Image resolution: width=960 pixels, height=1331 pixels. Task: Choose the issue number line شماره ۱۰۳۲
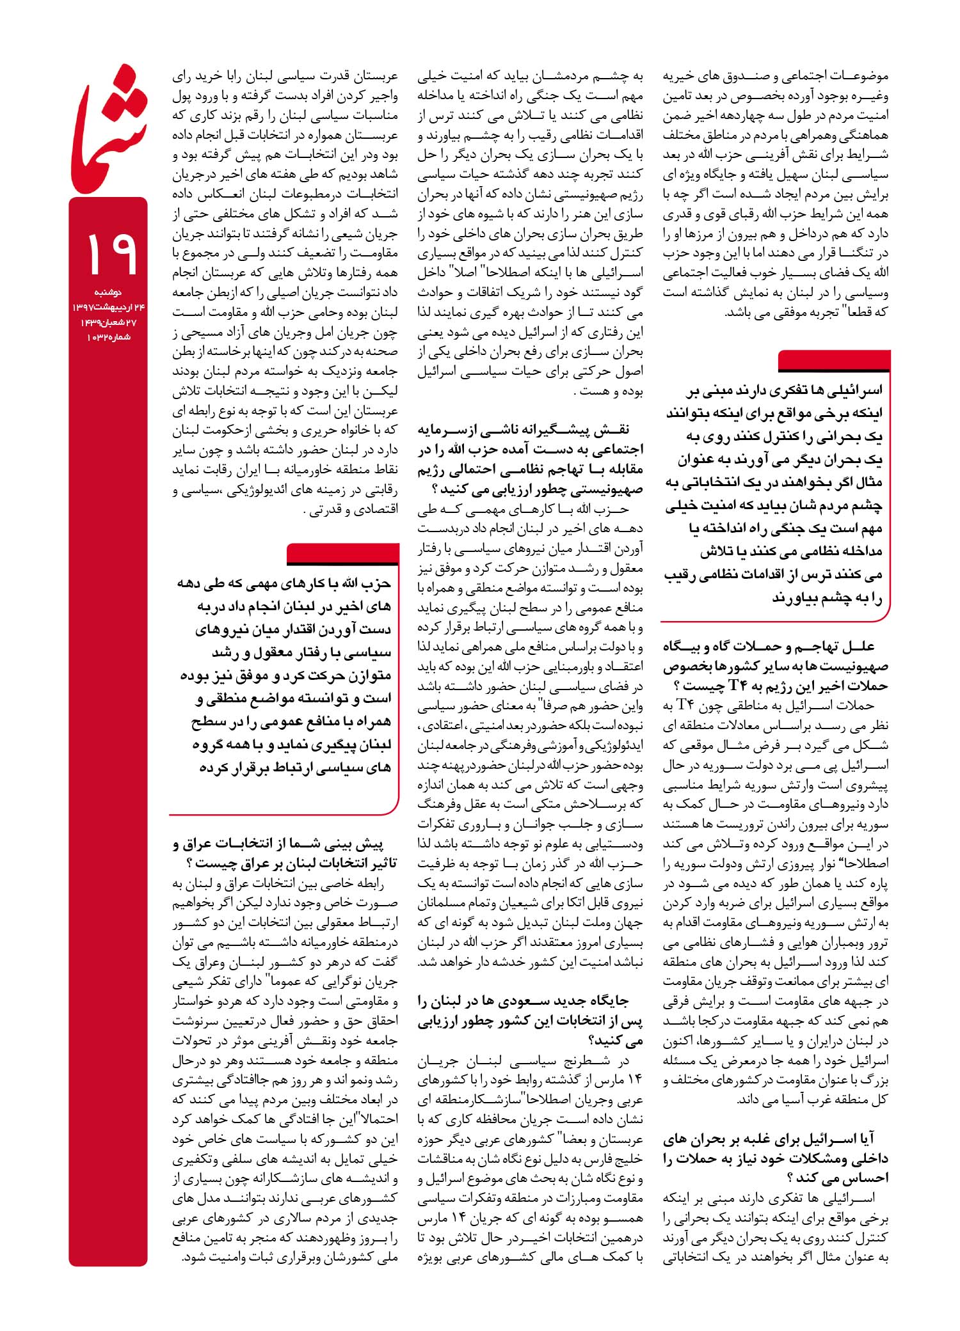pos(109,337)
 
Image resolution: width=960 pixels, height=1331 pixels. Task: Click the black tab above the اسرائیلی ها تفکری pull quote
pos(833,362)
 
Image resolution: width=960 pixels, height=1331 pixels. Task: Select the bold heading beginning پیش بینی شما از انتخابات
pos(285,853)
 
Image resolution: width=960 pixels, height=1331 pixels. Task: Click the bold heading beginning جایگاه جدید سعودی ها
pos(531,1021)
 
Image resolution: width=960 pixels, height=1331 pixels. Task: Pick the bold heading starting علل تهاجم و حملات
pos(776,666)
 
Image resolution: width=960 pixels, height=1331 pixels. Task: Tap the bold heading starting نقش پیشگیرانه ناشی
pos(531,459)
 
